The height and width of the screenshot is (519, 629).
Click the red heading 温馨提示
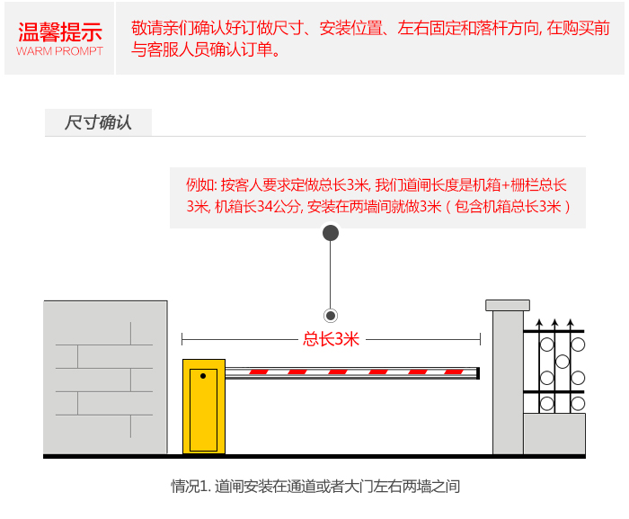click(x=60, y=33)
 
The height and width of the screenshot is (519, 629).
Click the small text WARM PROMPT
click(x=60, y=51)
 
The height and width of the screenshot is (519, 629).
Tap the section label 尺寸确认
click(x=98, y=122)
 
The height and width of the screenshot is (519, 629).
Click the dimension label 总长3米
click(x=331, y=339)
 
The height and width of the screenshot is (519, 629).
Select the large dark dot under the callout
click(x=331, y=233)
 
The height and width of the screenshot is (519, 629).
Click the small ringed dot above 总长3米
click(x=331, y=316)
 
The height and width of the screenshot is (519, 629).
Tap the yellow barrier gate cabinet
click(x=203, y=407)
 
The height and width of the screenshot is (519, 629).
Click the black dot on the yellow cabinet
click(x=203, y=375)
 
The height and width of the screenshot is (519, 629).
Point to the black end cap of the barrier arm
click(x=478, y=372)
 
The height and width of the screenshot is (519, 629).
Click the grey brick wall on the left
click(x=105, y=377)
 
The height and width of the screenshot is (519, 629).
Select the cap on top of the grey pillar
click(x=508, y=305)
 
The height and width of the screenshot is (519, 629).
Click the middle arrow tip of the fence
click(x=554, y=323)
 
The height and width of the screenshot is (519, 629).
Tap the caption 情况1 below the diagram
click(x=191, y=487)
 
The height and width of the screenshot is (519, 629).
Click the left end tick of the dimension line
click(x=182, y=339)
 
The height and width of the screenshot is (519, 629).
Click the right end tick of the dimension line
click(x=479, y=339)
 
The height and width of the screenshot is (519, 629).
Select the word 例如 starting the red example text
click(x=199, y=184)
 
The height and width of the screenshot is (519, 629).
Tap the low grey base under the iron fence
click(x=554, y=434)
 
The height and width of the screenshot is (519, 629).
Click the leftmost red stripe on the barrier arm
click(x=259, y=372)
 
